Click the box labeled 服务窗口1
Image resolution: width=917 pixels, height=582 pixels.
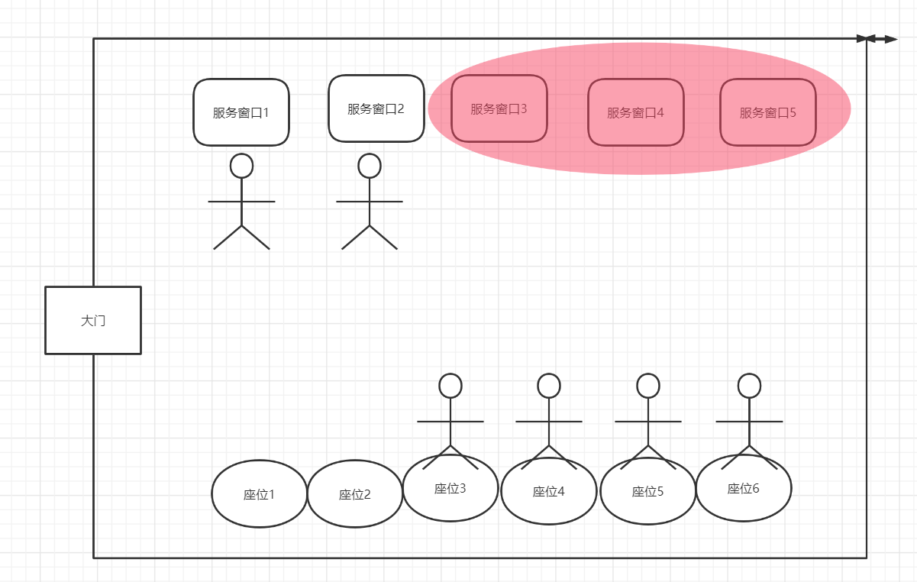[241, 112]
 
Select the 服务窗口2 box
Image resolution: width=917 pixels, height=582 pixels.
[376, 108]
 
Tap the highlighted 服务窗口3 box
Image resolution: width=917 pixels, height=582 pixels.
[499, 108]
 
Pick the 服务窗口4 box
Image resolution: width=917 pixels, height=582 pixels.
[636, 112]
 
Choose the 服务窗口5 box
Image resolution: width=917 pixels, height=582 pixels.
[768, 112]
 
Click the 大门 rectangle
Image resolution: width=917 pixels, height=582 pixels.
[93, 320]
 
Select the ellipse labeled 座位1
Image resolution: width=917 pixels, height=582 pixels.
[259, 494]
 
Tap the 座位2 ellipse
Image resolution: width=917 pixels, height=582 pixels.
[355, 494]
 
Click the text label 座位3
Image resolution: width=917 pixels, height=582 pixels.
[450, 488]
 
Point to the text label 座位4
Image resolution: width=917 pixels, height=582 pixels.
[548, 491]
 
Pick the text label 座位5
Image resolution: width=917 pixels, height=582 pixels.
[647, 491]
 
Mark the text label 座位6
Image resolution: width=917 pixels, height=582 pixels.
[744, 488]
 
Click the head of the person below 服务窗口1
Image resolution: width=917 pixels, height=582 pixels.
[241, 166]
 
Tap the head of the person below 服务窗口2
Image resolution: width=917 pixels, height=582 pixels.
[370, 166]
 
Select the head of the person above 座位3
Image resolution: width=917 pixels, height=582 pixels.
[450, 386]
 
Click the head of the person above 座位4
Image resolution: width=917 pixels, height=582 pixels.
[549, 386]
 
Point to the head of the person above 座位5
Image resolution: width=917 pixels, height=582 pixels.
[648, 386]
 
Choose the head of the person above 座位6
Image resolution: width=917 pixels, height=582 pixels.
[749, 386]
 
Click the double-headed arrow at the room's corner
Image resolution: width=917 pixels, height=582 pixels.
[881, 39]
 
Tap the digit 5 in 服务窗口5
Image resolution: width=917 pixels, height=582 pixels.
[793, 112]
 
